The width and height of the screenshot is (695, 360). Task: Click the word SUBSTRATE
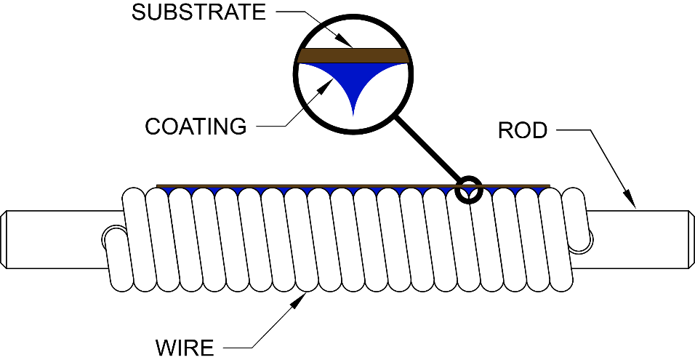click(x=198, y=12)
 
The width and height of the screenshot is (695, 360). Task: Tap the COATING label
click(x=196, y=127)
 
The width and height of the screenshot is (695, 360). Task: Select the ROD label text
click(x=523, y=130)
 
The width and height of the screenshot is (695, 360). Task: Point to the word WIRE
click(x=185, y=347)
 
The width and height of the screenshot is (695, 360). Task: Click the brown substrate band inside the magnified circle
click(x=353, y=55)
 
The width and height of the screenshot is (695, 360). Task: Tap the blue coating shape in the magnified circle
click(x=353, y=80)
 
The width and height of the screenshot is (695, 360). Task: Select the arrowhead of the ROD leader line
click(x=630, y=201)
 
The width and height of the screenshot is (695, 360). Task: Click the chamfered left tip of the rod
click(x=3, y=239)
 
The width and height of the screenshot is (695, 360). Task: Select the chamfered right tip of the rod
click(x=691, y=239)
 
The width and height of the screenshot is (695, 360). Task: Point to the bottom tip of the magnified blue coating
click(x=353, y=116)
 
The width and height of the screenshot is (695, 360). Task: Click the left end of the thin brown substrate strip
click(x=158, y=185)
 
